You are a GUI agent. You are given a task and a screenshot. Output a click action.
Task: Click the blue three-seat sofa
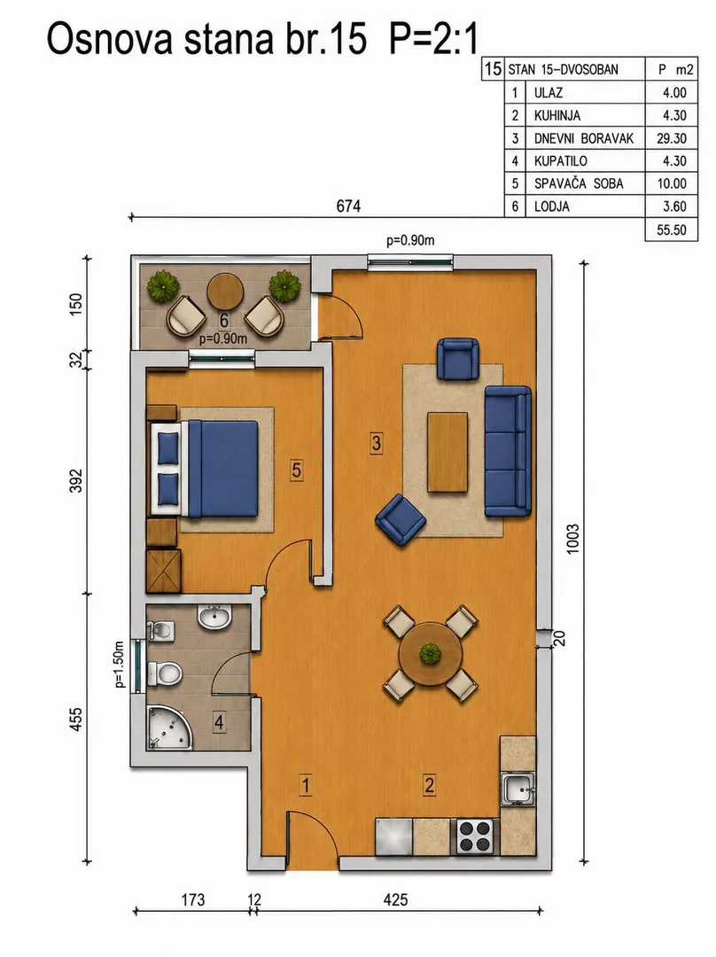coord(508,451)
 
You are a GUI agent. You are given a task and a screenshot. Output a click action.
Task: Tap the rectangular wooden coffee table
coord(447,452)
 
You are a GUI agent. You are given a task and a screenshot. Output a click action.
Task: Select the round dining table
coord(431,654)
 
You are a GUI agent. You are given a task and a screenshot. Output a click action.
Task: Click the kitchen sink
coord(518,789)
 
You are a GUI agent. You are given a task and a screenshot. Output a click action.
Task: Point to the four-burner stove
coord(475,836)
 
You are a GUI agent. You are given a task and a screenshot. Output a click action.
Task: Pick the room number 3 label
coord(376,442)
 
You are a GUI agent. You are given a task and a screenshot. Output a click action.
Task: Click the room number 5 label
coord(297,470)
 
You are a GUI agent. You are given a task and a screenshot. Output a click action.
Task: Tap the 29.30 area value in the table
coord(672,138)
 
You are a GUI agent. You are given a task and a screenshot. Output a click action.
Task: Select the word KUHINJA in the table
coord(557,115)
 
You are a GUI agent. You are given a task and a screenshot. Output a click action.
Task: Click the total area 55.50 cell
coord(672,230)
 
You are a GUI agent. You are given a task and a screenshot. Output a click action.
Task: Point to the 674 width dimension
coord(348,206)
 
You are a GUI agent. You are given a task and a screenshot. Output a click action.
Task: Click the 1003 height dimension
coord(572,539)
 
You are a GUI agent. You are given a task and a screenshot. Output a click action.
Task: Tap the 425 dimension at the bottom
coord(395,899)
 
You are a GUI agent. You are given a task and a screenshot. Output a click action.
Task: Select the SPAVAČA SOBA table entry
coord(579,183)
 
